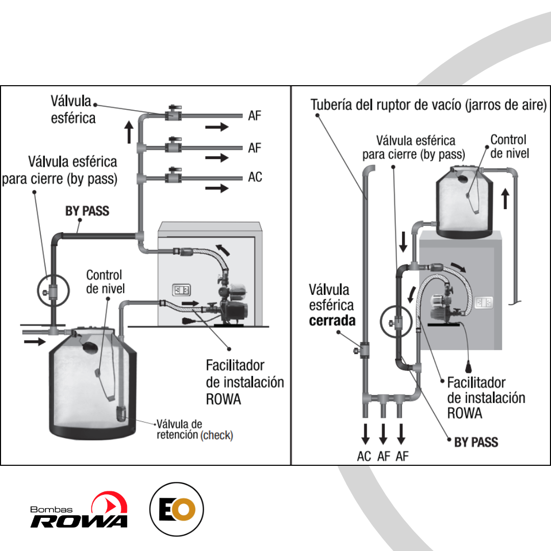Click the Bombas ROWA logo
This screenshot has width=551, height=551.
coord(79,510)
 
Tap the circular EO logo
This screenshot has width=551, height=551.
coord(177,509)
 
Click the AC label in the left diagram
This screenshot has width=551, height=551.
coord(255,177)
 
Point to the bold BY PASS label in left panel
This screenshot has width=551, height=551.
coord(87,211)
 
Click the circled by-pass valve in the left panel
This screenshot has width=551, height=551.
coord(54,291)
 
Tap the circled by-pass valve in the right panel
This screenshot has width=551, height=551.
coord(396,321)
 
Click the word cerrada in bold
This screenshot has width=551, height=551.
coord(332,320)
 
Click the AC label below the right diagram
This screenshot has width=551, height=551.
coord(364,456)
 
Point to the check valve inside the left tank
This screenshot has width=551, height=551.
coord(121,413)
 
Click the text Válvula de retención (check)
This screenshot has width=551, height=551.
coord(195,429)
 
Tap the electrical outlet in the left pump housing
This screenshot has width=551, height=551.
coord(181,290)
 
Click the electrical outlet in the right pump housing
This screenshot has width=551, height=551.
coord(484,303)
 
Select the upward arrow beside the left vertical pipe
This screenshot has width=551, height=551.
coord(129,132)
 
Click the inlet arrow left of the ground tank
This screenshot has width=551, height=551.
coord(35,341)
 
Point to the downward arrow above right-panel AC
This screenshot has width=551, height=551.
coord(365,434)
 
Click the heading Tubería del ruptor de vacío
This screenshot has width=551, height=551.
coord(429,105)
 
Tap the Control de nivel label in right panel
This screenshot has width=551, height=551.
coord(510,146)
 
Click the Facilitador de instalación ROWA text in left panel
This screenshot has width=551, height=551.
coord(245,382)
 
